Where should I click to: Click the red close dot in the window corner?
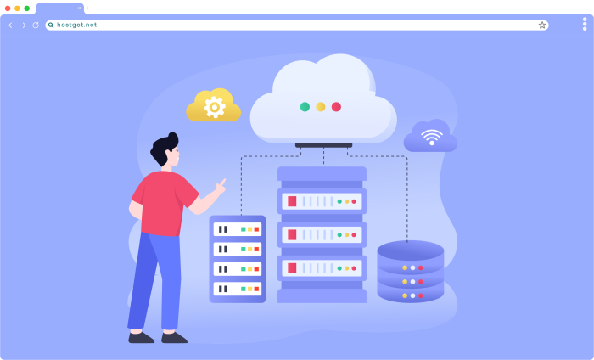click(x=8, y=8)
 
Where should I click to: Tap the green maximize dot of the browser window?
click(x=27, y=8)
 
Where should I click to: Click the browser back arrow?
click(x=10, y=25)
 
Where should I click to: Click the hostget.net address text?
click(x=77, y=25)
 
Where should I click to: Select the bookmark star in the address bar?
click(x=542, y=25)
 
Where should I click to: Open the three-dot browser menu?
click(x=585, y=24)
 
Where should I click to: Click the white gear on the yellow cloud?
click(x=215, y=107)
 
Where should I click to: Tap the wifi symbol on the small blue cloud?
click(x=431, y=138)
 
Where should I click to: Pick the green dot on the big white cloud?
click(x=305, y=107)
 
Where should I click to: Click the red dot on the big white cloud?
click(x=336, y=107)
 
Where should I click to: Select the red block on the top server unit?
click(x=292, y=201)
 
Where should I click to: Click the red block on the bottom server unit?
click(x=292, y=268)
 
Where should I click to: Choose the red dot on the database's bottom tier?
click(x=421, y=295)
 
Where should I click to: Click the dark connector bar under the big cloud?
click(x=324, y=145)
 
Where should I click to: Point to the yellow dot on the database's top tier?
click(x=405, y=268)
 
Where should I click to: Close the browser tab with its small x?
click(x=79, y=8)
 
